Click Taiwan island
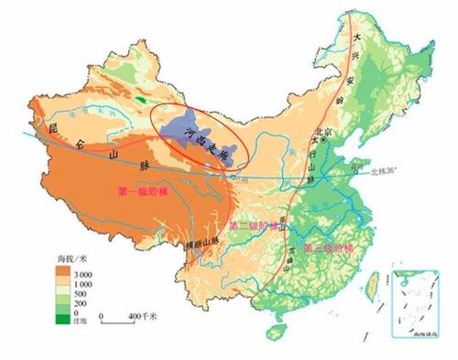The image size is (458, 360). click(x=374, y=278)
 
